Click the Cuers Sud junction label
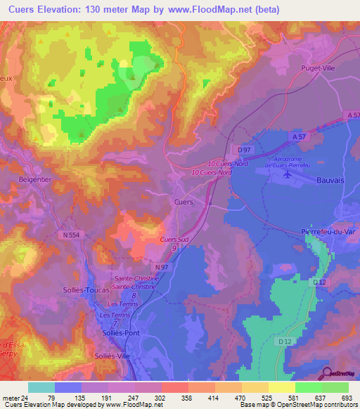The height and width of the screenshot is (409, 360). [x=173, y=240]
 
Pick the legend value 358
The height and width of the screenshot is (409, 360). [x=188, y=398]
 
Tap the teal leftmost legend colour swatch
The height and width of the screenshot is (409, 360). [x=41, y=387]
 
